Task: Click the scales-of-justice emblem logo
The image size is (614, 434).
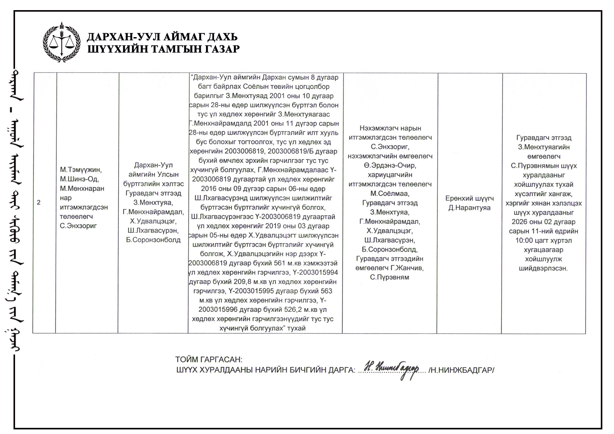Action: [61, 42]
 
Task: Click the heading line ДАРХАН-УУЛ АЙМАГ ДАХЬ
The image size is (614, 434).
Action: [162, 37]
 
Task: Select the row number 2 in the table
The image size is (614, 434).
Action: [39, 202]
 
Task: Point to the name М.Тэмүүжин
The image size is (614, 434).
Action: [81, 169]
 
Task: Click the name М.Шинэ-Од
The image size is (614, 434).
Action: [80, 179]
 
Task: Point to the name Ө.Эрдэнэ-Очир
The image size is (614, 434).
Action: [390, 165]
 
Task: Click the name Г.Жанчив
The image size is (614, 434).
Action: [407, 268]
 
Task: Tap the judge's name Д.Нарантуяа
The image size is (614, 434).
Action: [469, 208]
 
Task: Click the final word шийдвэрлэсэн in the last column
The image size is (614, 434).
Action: [543, 269]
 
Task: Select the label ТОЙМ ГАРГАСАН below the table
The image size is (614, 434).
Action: [208, 359]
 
